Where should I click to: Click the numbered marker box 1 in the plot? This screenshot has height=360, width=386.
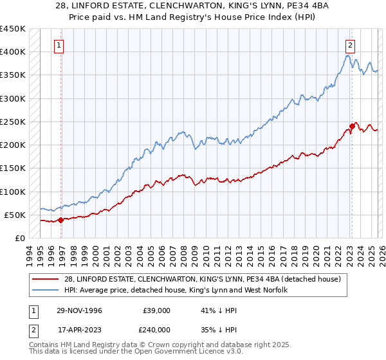pyautogui.click(x=59, y=45)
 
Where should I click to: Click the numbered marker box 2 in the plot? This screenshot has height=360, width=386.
pyautogui.click(x=350, y=45)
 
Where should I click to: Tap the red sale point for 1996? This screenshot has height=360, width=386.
pyautogui.click(x=61, y=220)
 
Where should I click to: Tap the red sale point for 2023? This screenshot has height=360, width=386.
pyautogui.click(x=353, y=126)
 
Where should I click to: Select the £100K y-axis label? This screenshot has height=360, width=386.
pyautogui.click(x=13, y=192)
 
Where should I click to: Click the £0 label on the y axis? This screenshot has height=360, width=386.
pyautogui.click(x=20, y=238)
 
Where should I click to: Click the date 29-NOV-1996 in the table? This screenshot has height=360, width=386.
pyautogui.click(x=75, y=310)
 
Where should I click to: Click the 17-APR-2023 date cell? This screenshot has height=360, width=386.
pyautogui.click(x=75, y=328)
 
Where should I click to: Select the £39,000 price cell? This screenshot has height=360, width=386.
pyautogui.click(x=156, y=310)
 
